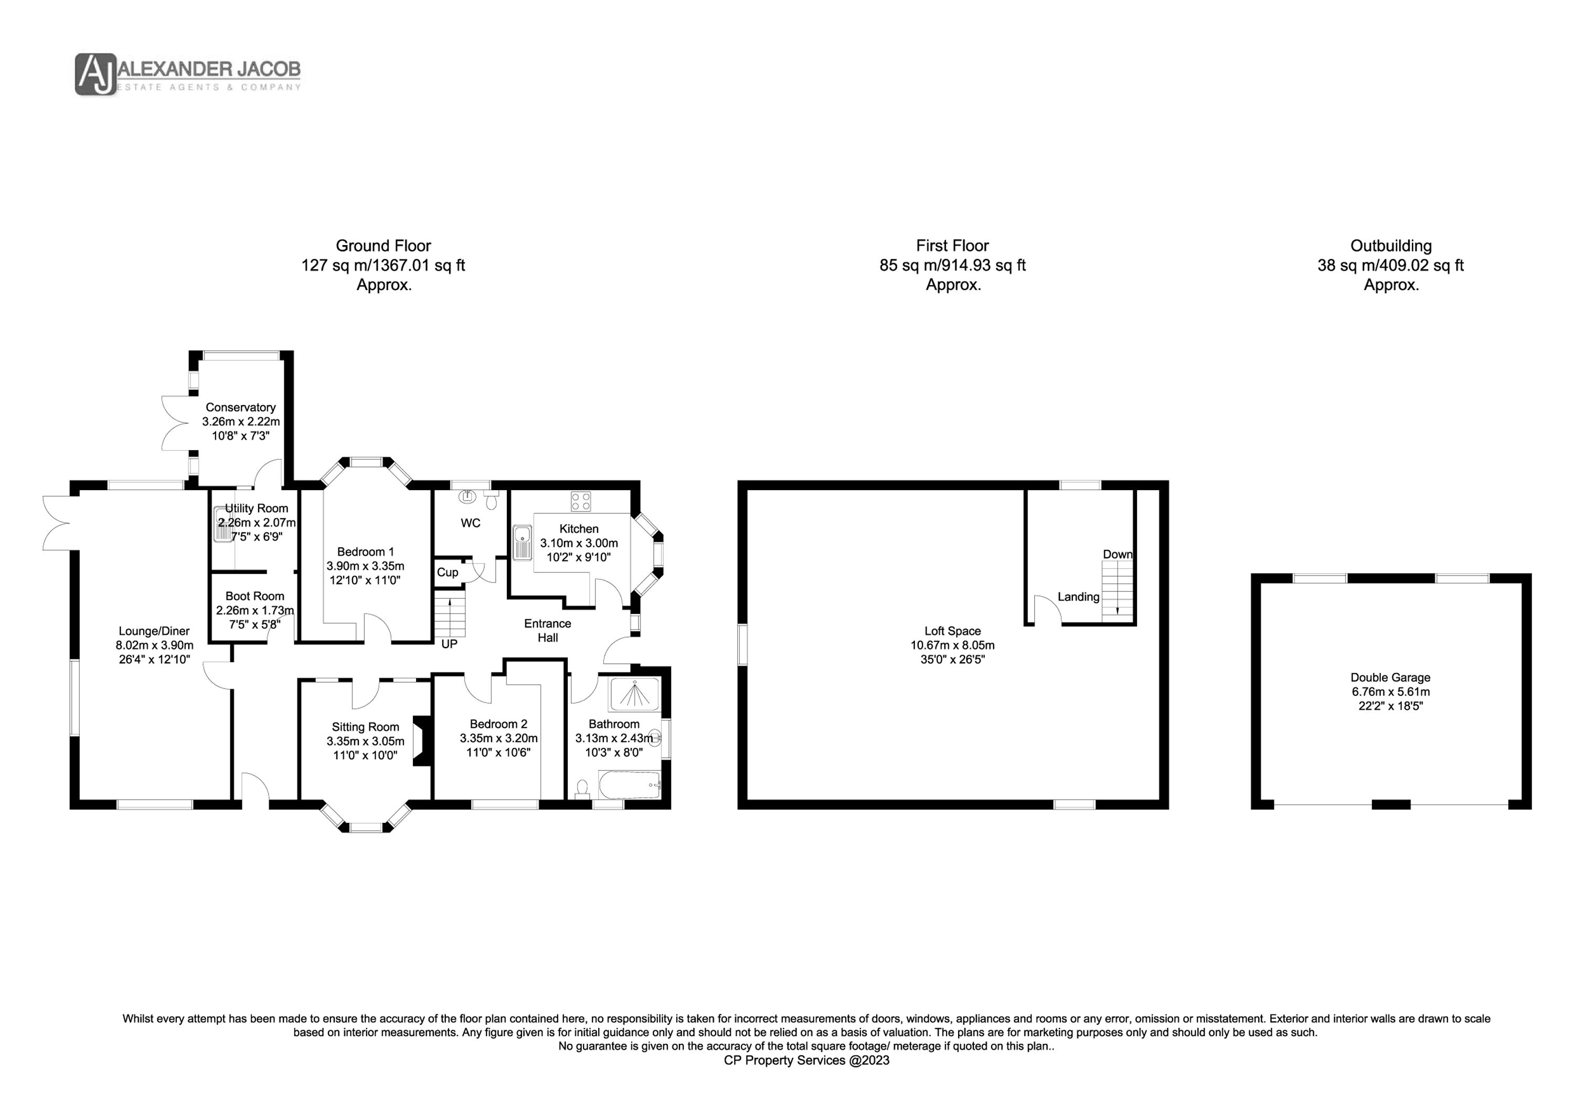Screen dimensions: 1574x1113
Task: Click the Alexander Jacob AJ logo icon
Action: [x=96, y=74]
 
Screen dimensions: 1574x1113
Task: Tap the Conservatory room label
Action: [x=241, y=407]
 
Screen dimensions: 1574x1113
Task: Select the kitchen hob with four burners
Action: [x=581, y=501]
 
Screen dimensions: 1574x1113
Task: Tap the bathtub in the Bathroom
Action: [x=629, y=785]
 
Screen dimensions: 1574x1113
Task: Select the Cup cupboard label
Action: [x=448, y=572]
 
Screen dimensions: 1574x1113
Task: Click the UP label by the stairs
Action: [x=449, y=644]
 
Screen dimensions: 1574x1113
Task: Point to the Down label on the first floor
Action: [x=1118, y=554]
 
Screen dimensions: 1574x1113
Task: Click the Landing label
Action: [x=1078, y=597]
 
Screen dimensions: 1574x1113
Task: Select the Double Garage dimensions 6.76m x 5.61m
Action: [x=1390, y=692]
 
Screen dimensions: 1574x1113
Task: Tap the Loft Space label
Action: [x=952, y=631]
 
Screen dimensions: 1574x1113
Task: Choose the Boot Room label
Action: [x=255, y=597]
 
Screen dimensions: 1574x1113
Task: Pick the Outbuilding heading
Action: [x=1391, y=246]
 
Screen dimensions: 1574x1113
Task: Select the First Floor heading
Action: [x=952, y=246]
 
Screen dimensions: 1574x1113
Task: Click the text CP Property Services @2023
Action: [x=807, y=1060]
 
